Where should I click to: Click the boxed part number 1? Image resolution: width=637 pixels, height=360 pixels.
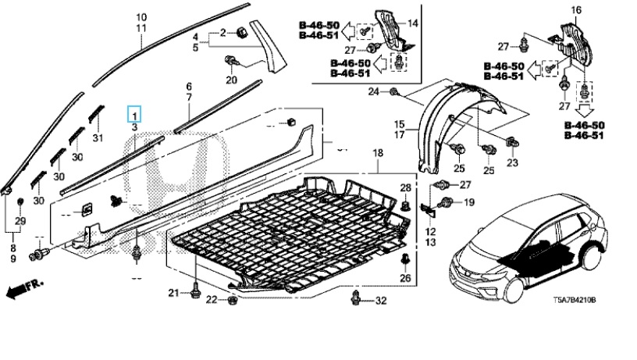point(135,114)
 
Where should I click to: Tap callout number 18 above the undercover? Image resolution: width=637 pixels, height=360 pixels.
point(378,151)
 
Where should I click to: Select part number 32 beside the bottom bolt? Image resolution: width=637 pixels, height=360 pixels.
point(380,301)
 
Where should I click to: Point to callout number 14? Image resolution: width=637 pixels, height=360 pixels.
point(413,23)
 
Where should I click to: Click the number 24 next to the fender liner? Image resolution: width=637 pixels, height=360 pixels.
point(373,92)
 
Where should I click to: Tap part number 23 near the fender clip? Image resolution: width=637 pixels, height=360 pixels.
point(512,162)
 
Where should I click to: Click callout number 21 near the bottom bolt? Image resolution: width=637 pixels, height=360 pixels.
point(173,292)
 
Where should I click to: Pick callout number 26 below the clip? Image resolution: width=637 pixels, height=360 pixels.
point(404,279)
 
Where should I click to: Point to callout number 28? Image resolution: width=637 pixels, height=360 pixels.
point(405,187)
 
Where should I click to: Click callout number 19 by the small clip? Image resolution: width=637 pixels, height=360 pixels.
point(469,202)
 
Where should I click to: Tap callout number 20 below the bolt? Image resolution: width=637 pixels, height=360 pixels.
point(231,80)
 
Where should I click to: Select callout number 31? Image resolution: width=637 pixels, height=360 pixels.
point(98,138)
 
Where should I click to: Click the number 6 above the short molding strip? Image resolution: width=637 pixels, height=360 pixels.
point(188,86)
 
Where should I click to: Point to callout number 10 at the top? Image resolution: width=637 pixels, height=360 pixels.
point(141,17)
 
